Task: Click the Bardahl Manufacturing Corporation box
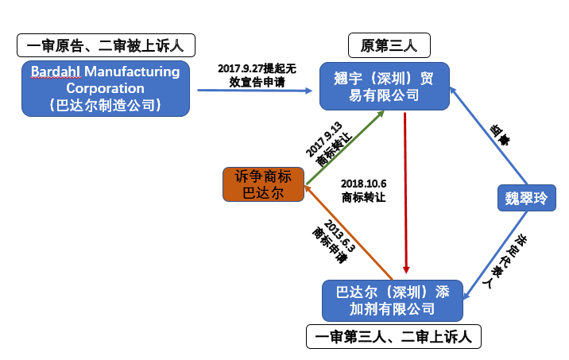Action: (x=106, y=87)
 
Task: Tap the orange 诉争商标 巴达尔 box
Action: (x=262, y=184)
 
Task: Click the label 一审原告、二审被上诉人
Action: (x=106, y=45)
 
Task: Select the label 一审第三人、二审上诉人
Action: (x=393, y=337)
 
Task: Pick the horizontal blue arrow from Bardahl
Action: (x=254, y=90)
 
